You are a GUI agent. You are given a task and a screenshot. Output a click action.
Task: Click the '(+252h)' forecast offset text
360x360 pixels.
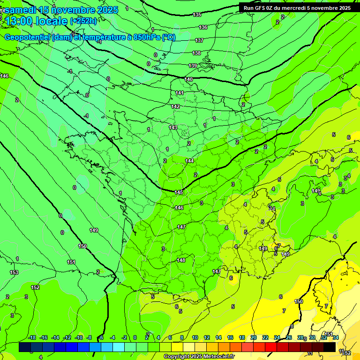tap(84, 21)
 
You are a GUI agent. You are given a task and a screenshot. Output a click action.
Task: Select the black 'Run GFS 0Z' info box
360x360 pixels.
tap(295, 7)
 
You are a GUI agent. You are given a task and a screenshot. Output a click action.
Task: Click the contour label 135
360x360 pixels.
tap(197, 15)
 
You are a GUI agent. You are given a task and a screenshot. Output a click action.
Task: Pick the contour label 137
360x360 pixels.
tap(199, 40)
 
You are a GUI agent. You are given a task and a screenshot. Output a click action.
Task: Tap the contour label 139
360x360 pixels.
tap(193, 66)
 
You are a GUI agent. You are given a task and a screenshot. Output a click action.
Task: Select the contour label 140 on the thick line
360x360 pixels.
tap(188, 79)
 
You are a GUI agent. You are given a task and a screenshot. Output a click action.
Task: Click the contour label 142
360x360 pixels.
tap(175, 106)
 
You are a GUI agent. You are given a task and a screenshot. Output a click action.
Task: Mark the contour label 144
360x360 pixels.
tap(189, 161)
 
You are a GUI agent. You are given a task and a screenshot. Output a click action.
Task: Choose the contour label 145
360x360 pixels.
tap(179, 192)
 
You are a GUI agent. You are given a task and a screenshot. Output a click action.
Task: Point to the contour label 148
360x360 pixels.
tap(181, 260)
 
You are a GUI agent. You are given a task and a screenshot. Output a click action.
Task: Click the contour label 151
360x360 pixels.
tap(71, 262)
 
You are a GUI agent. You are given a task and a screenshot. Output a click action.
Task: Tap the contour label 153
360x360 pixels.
tap(14, 272)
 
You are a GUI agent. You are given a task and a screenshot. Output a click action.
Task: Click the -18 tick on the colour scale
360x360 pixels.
tap(32, 337)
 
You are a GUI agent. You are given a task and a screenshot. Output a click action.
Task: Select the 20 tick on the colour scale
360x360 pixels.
tap(253, 337)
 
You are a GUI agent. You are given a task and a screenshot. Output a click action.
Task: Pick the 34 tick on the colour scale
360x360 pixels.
tap(336, 337)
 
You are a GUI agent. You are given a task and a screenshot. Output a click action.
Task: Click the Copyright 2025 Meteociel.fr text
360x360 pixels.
tap(199, 357)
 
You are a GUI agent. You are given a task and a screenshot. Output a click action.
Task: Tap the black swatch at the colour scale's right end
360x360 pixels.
tap(330, 347)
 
